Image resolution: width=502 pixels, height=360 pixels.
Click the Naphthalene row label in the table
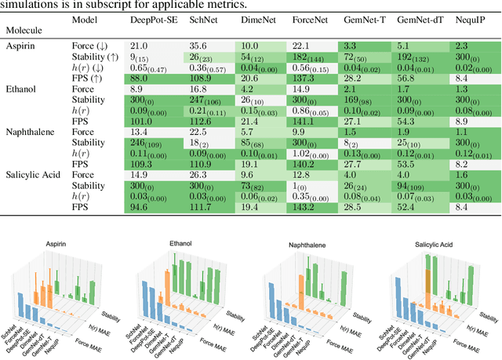click(31, 132)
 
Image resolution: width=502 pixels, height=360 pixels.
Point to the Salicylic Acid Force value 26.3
click(198, 174)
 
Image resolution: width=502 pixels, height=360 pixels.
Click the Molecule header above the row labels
click(27, 33)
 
